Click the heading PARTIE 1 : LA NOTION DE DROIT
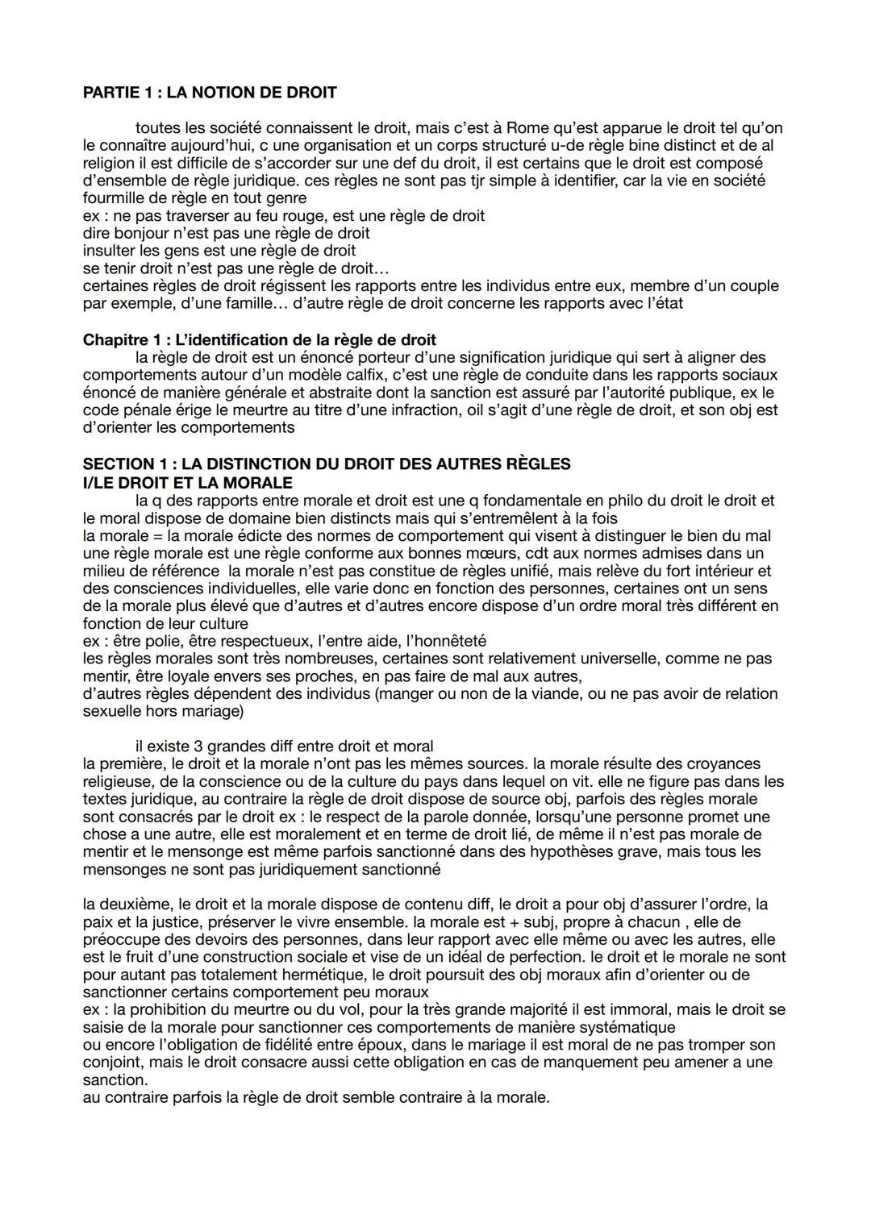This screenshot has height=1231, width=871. [x=210, y=93]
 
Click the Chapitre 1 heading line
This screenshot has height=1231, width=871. [x=260, y=339]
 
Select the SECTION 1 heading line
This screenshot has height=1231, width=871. [x=327, y=464]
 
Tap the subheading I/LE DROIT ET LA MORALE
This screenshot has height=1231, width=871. [x=188, y=482]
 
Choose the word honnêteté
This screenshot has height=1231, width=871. [x=448, y=641]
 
